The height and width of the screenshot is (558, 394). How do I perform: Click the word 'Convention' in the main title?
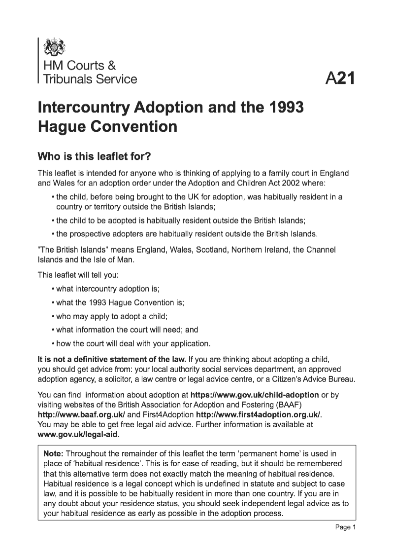[135, 127]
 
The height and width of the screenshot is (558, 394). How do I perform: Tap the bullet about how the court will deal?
[133, 343]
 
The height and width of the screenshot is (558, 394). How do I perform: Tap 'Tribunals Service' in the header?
[90, 79]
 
